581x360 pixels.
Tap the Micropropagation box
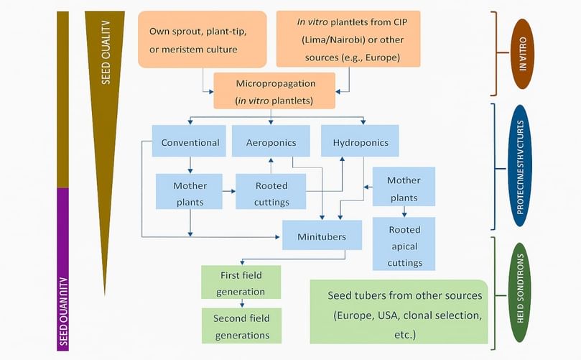tap(274, 91)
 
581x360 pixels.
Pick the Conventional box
tap(190, 142)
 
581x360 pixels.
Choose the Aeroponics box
tap(271, 142)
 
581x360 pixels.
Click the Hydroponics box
tap(360, 142)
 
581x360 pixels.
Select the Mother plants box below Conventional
tap(190, 193)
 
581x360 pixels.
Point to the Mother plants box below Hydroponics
tap(403, 188)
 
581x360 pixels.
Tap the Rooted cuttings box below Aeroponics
tap(271, 193)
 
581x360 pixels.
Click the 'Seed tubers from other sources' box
tap(399, 312)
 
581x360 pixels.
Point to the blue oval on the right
tap(521, 166)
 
